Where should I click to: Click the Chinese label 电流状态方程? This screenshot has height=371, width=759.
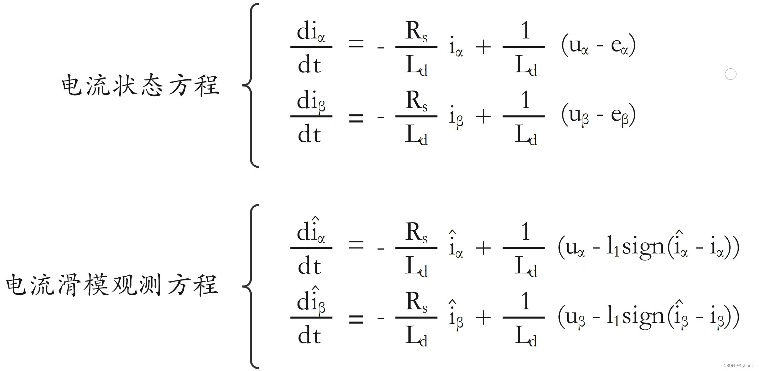tap(140, 85)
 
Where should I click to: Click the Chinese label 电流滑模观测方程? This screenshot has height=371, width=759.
tap(112, 285)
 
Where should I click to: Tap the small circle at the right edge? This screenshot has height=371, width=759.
tap(730, 74)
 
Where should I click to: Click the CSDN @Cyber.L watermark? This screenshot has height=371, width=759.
tap(738, 366)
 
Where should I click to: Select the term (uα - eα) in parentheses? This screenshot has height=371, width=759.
tap(598, 45)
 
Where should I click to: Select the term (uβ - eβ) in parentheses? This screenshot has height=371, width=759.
tap(598, 115)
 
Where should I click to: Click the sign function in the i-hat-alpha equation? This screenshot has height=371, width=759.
tap(643, 247)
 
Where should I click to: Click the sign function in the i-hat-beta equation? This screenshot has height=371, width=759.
tap(643, 317)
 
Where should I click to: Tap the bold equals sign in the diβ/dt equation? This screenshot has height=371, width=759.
tap(356, 118)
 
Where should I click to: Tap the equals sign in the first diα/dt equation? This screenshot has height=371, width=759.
tap(356, 44)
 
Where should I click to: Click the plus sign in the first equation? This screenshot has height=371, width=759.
tap(483, 47)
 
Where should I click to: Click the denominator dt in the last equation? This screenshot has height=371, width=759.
tap(309, 336)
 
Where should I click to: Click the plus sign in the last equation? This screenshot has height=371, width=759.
tap(483, 317)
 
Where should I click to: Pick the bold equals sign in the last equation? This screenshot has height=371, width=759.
tap(356, 318)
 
